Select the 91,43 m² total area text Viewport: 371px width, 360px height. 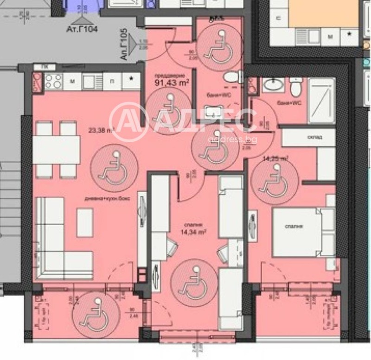click(x=171, y=83)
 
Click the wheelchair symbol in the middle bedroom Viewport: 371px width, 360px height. click(x=190, y=279)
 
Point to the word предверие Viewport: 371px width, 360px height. click(x=170, y=75)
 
